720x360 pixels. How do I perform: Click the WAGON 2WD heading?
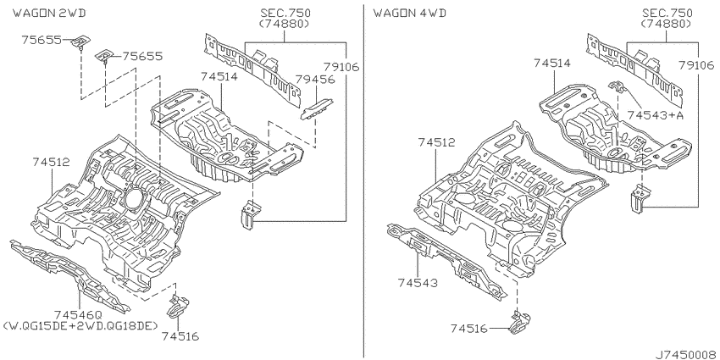click(49, 13)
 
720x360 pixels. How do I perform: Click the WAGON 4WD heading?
click(410, 13)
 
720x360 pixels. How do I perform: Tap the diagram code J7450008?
click(686, 354)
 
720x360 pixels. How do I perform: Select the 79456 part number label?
click(315, 80)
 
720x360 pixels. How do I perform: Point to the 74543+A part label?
click(656, 115)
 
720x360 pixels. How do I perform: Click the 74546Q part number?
click(78, 315)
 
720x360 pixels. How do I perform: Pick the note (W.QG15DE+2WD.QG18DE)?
click(80, 326)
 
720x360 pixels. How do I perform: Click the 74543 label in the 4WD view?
click(418, 282)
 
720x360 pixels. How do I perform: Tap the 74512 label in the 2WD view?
click(52, 162)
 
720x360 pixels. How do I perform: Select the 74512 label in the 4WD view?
click(436, 143)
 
